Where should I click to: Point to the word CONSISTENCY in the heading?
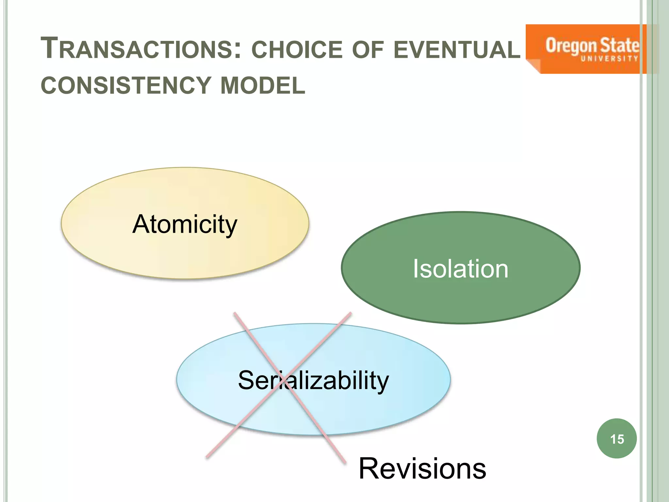pos(126,86)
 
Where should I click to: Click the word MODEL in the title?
pos(263,86)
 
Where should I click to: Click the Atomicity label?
pos(185,225)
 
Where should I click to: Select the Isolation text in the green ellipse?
pos(461,269)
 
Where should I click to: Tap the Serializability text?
pos(313,380)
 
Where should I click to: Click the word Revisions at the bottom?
pos(422,469)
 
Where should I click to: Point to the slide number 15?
pos(617,439)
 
